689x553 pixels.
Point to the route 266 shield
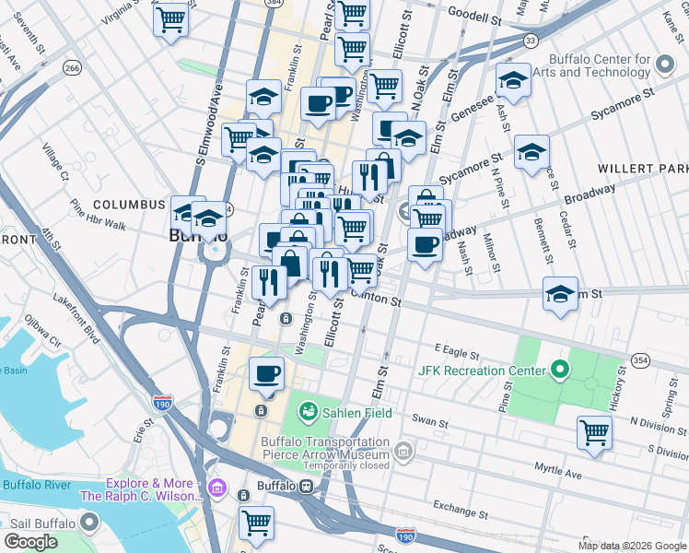coord(72,67)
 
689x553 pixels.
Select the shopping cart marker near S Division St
coord(595,430)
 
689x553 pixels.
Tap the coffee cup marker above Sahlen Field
coord(267,373)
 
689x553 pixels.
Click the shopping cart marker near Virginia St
coord(171,18)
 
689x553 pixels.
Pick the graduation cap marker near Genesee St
coord(513,80)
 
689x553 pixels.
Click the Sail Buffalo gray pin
coord(89,523)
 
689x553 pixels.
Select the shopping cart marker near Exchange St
coord(256,522)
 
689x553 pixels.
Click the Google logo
coord(31,542)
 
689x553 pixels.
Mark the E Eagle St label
coord(457,354)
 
